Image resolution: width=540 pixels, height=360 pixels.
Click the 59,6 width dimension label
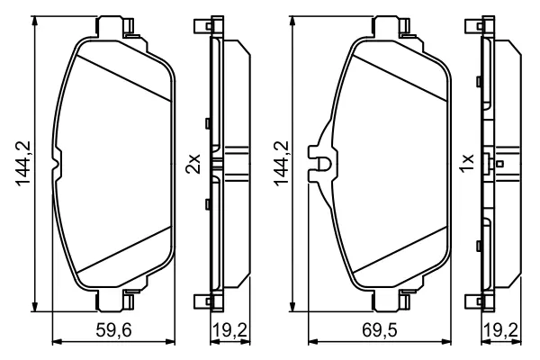click(113, 330)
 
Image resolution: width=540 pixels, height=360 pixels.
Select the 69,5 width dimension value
click(379, 330)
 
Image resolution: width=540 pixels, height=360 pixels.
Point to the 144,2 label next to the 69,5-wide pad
click(282, 163)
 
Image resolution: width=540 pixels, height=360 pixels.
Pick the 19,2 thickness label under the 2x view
click(229, 330)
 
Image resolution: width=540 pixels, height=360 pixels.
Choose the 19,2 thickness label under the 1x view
click(500, 330)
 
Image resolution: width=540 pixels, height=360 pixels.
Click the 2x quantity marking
click(193, 164)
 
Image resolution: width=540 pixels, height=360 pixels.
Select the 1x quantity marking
click(468, 163)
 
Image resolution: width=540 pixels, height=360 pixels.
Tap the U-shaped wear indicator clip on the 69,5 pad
click(323, 164)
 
